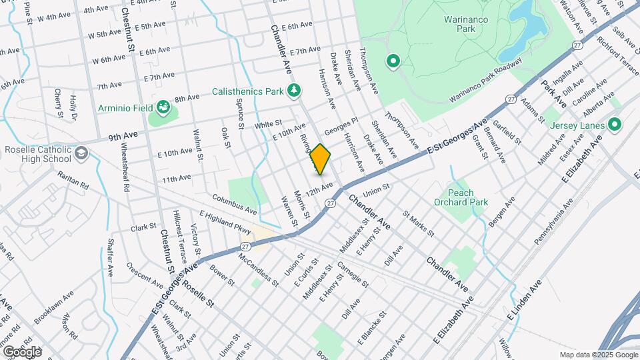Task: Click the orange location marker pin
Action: (x=321, y=159)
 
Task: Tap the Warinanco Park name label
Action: (x=466, y=24)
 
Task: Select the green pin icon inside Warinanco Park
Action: (x=393, y=62)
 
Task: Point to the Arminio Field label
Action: (x=126, y=107)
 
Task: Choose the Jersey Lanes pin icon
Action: (x=614, y=125)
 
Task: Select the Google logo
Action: (x=22, y=351)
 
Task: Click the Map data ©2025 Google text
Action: (x=598, y=355)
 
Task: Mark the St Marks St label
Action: (x=418, y=225)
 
